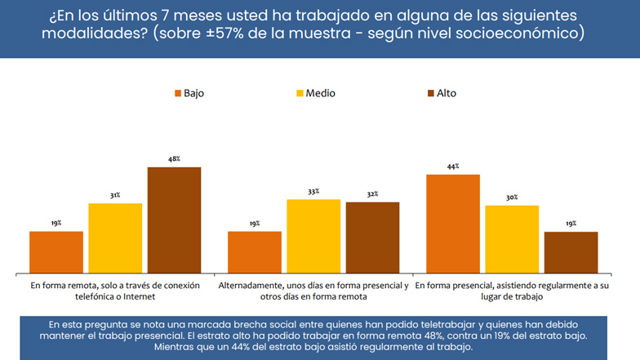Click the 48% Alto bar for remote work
click(174, 220)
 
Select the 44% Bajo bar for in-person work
click(453, 224)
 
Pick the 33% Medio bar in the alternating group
click(313, 236)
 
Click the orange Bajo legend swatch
click(177, 93)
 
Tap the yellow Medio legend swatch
click(299, 93)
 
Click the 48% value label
click(174, 160)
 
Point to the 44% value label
click(453, 167)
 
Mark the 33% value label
click(313, 192)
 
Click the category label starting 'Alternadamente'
click(313, 292)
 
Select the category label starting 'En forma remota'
click(115, 292)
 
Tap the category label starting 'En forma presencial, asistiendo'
click(512, 292)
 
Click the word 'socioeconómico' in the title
click(522, 34)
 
